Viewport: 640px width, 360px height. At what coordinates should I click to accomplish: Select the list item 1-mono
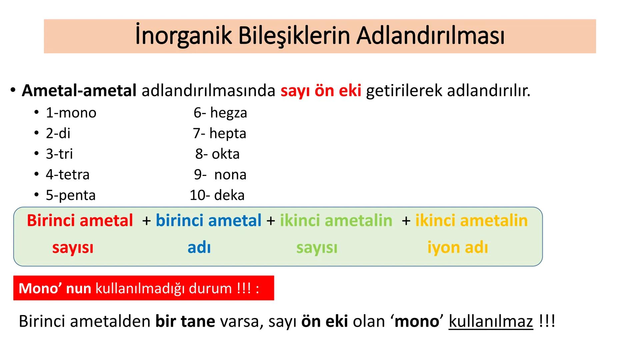(x=71, y=113)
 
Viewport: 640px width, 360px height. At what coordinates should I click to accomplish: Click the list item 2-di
(x=58, y=133)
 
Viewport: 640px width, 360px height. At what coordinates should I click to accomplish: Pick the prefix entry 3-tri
(x=59, y=154)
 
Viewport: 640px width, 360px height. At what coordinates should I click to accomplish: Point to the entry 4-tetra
(x=68, y=175)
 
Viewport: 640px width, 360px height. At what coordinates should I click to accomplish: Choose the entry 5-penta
(x=71, y=195)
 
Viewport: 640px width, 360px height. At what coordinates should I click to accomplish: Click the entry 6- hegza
(x=220, y=113)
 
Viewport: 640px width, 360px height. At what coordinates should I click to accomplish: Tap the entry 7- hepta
(x=219, y=133)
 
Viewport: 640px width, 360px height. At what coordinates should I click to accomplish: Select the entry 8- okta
(x=217, y=154)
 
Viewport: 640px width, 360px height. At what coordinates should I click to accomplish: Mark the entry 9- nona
(x=220, y=175)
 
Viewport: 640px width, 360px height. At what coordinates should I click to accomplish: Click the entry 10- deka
(x=217, y=195)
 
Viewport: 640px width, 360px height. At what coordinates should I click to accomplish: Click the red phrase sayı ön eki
(x=321, y=91)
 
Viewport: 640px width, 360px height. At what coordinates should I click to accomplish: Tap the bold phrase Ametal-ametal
(x=79, y=91)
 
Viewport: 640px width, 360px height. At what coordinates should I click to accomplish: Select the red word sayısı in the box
(x=73, y=248)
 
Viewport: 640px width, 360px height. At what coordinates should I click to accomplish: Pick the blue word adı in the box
(x=199, y=248)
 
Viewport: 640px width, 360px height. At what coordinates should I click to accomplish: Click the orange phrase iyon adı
(x=457, y=248)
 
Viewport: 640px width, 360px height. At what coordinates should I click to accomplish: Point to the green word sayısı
(x=317, y=248)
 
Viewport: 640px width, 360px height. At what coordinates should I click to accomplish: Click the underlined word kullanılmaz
(x=491, y=321)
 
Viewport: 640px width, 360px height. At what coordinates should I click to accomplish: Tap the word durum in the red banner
(x=210, y=288)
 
